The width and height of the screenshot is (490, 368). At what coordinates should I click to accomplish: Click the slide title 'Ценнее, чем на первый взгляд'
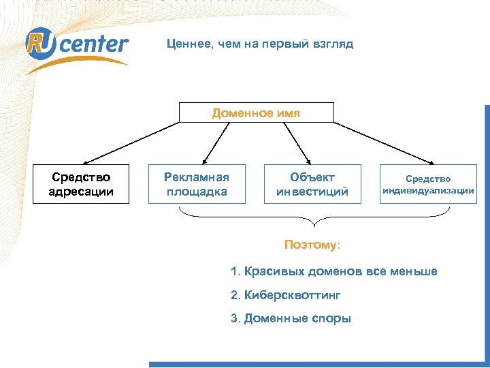click(x=260, y=44)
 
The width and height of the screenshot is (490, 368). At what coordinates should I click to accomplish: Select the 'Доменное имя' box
click(x=256, y=113)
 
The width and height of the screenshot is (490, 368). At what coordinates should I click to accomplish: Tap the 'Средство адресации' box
click(x=81, y=184)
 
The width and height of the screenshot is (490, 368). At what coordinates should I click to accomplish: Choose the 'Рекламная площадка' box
click(x=197, y=184)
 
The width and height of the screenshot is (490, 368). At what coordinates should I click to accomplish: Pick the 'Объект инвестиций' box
click(x=312, y=184)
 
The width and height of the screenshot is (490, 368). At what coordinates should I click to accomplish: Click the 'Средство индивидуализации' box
click(x=428, y=184)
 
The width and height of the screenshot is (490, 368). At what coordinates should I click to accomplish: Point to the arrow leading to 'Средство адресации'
click(x=129, y=143)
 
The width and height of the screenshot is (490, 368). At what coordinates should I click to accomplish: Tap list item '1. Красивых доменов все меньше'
click(x=333, y=272)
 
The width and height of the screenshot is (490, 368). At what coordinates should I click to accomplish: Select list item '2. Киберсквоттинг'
click(x=284, y=295)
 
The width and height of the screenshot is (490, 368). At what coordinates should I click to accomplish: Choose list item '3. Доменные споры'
click(x=291, y=318)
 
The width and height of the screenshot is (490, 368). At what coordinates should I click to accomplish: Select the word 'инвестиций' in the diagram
click(x=312, y=191)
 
